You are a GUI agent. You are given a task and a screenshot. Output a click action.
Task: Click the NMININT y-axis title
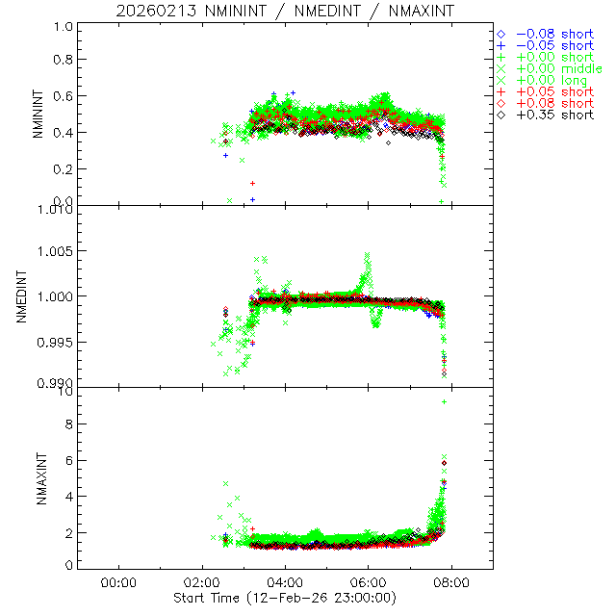tap(38, 115)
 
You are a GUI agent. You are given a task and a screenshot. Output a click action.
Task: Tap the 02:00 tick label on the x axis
tap(202, 581)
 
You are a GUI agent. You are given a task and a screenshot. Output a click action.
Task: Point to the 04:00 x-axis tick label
tap(286, 581)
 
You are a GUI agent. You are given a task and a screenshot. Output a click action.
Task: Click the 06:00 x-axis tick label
tap(369, 581)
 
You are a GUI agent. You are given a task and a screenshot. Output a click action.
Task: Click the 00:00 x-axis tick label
tap(118, 581)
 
